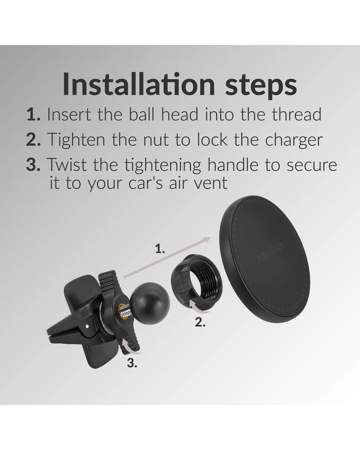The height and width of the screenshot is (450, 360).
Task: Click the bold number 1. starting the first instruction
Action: coord(34,114)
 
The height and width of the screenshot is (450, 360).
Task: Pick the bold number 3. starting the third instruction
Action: coord(33,165)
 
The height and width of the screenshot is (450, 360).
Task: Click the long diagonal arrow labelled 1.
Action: coord(167,257)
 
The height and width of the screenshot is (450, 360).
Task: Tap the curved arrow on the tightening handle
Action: coord(130,349)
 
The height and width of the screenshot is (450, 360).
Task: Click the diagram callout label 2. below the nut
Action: coord(200,322)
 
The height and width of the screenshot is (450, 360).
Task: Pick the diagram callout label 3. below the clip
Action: coord(132,363)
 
